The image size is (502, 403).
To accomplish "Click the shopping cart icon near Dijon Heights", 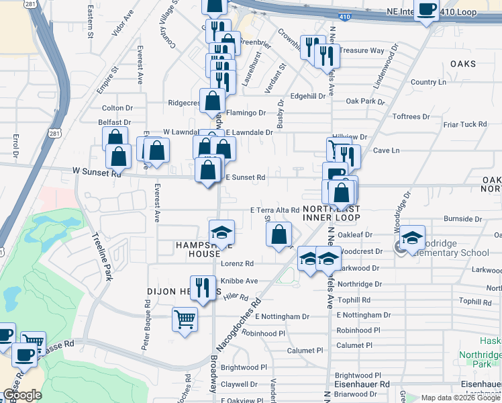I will pyautogui.click(x=185, y=318).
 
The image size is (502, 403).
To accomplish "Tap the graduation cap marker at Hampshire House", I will pyautogui.click(x=221, y=232).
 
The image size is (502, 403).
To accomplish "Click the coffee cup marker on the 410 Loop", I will pyautogui.click(x=427, y=9).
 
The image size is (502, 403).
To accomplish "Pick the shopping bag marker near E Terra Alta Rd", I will pyautogui.click(x=279, y=235).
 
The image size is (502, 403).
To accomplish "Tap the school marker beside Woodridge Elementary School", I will pyautogui.click(x=413, y=238).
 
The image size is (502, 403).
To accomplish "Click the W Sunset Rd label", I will pyautogui.click(x=97, y=173).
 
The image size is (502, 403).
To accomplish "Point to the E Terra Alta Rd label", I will pyautogui.click(x=274, y=210).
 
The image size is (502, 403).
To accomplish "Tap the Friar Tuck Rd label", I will pyautogui.click(x=464, y=124).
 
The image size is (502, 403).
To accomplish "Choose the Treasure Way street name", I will pyautogui.click(x=361, y=50).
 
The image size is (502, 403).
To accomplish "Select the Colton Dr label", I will pyautogui.click(x=117, y=107).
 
